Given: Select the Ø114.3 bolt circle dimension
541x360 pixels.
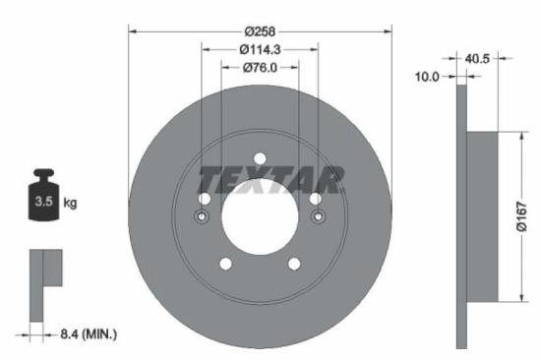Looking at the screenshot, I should click(x=260, y=47).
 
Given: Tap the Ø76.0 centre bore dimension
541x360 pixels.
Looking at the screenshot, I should click(x=260, y=67).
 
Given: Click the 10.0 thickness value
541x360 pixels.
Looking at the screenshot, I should click(x=428, y=75).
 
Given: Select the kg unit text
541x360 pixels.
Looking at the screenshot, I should click(x=71, y=203).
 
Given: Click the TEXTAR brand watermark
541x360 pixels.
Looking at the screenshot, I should click(x=271, y=180).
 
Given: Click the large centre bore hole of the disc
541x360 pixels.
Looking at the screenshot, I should click(x=260, y=217).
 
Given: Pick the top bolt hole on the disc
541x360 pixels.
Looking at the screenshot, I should click(x=260, y=160).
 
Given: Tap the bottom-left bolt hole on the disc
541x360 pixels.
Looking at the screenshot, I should click(x=225, y=264).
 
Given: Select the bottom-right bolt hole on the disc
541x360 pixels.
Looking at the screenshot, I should click(x=294, y=264).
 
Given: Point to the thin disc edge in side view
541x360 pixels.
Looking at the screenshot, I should click(x=461, y=295).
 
